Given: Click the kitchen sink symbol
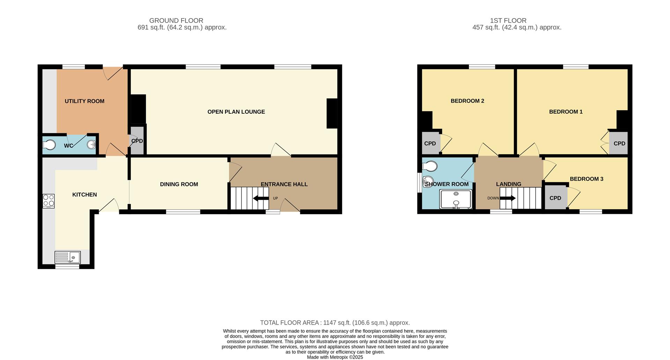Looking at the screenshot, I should pos(68,257).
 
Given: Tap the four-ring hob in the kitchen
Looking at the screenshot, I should pos(49,201).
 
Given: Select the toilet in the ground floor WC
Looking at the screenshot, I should pos(49,144).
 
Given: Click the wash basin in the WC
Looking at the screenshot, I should pos(91,144).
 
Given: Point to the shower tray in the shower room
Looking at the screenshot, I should pos(456,199).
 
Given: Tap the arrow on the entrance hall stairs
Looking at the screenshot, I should pos(261,198).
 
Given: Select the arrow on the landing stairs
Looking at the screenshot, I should pos(508,198).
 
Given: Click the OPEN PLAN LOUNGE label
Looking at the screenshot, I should pos(236,112).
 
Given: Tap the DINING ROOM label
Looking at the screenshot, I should pos(179,184).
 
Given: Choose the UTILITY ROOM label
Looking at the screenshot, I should pos(84,101).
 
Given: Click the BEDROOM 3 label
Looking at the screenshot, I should pos(586,179).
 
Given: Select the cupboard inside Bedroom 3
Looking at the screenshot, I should pos(555,198).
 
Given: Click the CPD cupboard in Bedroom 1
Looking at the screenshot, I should pos(619,143).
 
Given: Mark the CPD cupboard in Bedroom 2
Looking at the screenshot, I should pos(430,143).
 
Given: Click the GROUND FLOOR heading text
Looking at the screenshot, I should pos(176,21).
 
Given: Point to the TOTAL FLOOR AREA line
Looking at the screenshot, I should pos(335,323).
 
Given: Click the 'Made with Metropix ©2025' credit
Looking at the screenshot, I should pos(335,357).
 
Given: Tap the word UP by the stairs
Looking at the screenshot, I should pos(275,198).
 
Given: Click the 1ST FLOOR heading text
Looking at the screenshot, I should pos(508,21).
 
